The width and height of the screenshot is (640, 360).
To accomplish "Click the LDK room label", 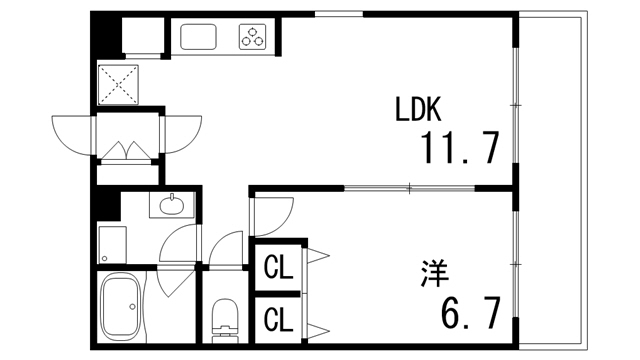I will (x=418, y=109).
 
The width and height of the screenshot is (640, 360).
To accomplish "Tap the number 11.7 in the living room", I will (x=459, y=149).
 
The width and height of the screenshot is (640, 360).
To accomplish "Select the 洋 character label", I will (x=433, y=271).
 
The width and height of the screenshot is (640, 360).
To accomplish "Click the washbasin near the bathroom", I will (x=172, y=207).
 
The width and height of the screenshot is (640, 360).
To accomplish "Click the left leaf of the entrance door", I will (x=72, y=133).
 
